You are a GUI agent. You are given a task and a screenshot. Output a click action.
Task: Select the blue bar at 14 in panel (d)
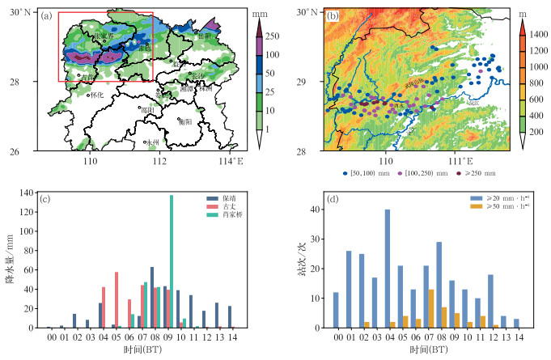(516, 324)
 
